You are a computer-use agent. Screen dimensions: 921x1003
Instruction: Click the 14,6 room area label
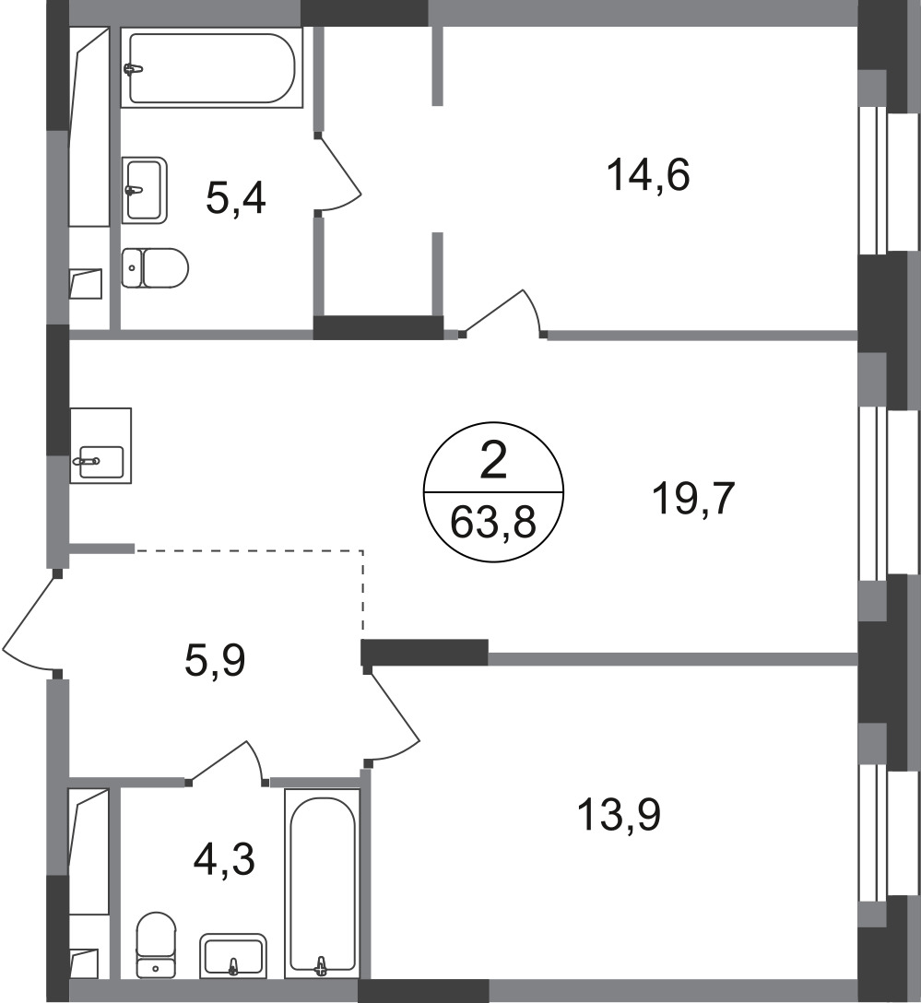pos(648,175)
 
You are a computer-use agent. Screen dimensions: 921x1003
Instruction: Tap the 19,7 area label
pos(694,499)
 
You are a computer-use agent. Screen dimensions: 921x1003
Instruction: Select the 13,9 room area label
pos(619,816)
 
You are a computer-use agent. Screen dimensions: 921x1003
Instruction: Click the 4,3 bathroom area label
pos(224,859)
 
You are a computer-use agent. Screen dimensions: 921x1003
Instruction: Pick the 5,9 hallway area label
pos(215,661)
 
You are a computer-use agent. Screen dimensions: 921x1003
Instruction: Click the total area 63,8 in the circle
pos(493,523)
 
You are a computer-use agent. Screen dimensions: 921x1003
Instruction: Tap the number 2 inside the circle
pos(493,461)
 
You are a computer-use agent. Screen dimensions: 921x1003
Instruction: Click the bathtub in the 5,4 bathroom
pos(212,68)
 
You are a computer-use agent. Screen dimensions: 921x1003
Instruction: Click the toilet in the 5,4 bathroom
pos(155,268)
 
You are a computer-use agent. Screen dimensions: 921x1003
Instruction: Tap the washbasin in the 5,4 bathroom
pos(144,190)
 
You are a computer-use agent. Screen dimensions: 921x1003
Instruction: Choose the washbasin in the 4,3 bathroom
pos(233,956)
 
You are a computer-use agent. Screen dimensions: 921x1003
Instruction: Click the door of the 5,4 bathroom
pos(338,172)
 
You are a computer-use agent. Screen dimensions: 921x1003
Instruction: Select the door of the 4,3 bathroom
pos(227,762)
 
